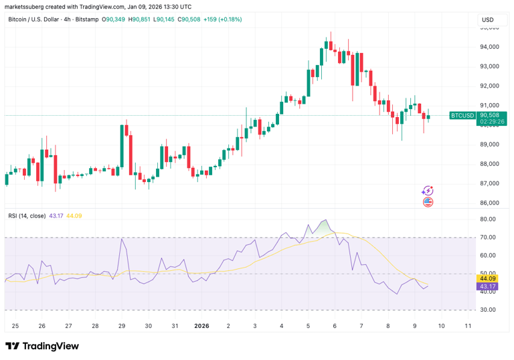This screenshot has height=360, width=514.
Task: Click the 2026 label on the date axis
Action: tap(201, 326)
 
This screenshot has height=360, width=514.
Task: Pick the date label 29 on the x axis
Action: tap(122, 326)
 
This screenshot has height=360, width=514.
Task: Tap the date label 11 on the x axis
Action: tap(468, 326)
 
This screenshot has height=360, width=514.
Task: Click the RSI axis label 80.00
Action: tap(487, 219)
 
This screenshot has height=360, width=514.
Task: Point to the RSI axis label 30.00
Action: tap(487, 310)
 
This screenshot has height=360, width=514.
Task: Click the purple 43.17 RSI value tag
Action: tap(487, 286)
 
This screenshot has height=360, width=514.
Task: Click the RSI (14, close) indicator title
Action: tap(27, 215)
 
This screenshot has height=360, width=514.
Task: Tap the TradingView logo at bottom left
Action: tap(41, 346)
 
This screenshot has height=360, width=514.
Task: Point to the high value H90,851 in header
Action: tap(141, 19)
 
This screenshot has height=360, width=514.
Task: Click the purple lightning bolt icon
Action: tap(428, 191)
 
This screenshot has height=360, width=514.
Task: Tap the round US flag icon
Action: tap(428, 201)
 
